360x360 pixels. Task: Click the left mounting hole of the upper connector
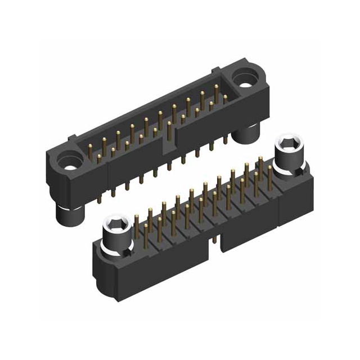pos(70,166)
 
